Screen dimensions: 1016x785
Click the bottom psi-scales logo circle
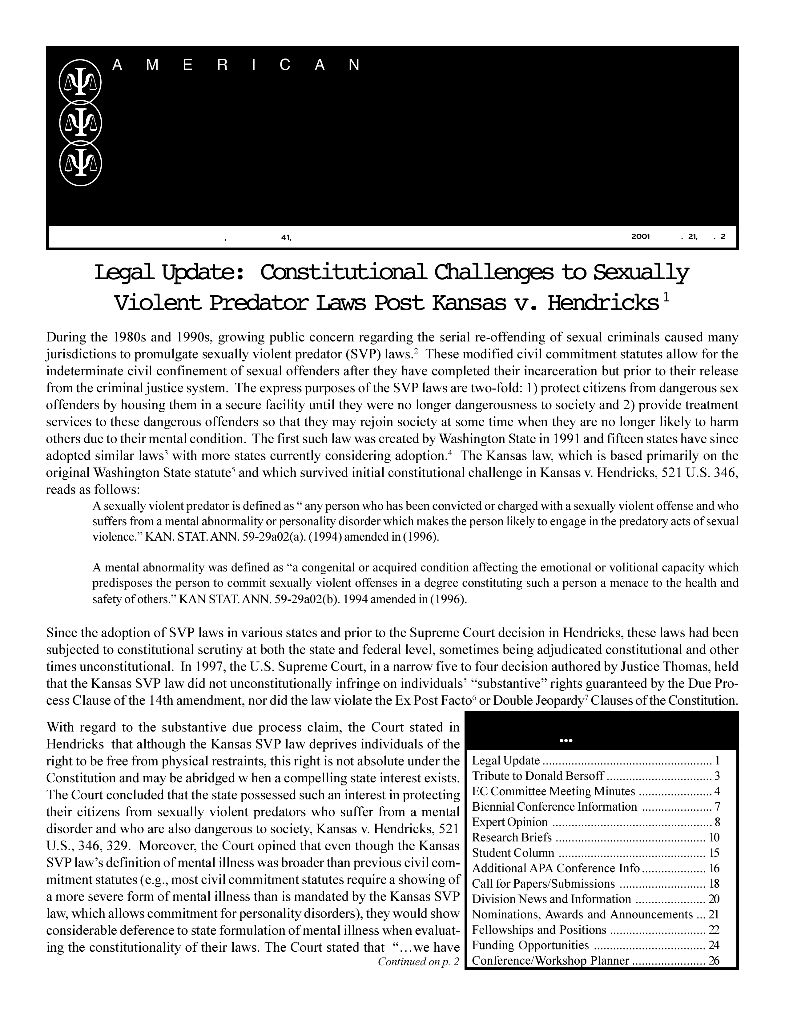pyautogui.click(x=80, y=164)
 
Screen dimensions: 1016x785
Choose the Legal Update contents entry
pyautogui.click(x=506, y=760)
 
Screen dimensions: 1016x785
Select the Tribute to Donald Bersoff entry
pyautogui.click(x=538, y=776)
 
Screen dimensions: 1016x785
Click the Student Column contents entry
pyautogui.click(x=513, y=853)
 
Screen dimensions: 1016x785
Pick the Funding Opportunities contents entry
pyautogui.click(x=530, y=945)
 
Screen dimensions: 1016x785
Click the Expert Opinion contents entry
pyautogui.click(x=510, y=822)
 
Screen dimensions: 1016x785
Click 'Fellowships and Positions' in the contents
pyautogui.click(x=539, y=930)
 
